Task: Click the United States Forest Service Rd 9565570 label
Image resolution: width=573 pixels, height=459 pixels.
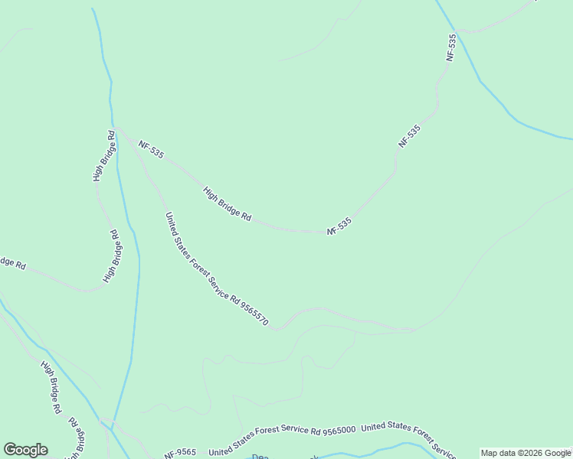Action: (217, 270)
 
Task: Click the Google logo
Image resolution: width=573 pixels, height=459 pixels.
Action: (25, 450)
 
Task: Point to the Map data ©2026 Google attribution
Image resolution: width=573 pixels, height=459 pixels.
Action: (526, 453)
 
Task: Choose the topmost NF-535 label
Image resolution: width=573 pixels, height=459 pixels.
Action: (451, 47)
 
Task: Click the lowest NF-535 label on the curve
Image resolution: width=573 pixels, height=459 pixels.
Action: (339, 226)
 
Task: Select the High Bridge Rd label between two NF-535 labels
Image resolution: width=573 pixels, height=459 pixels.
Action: (228, 204)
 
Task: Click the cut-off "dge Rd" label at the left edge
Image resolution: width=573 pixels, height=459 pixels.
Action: (12, 262)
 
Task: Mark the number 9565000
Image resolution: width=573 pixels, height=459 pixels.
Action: (338, 430)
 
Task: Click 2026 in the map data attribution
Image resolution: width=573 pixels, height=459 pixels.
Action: (523, 453)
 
